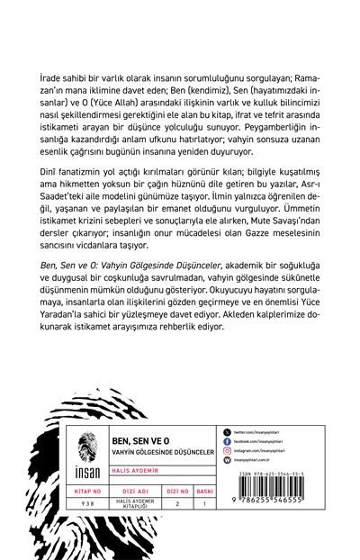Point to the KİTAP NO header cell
tap(87, 492)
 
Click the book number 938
tap(87, 504)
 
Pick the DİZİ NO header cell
tap(178, 492)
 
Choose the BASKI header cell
tap(204, 492)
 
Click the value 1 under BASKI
tap(204, 504)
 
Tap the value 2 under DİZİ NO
tap(178, 504)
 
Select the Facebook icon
tap(226, 442)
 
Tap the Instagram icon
tap(226, 451)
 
